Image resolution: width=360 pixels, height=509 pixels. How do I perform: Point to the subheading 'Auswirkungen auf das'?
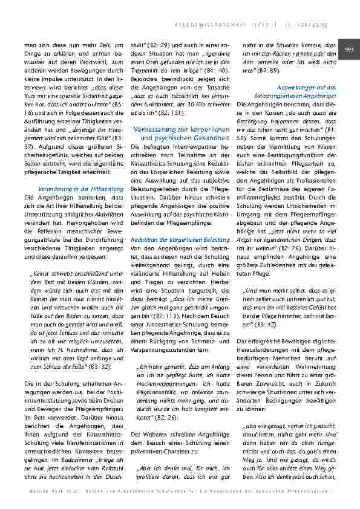pyautogui.click(x=302, y=88)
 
